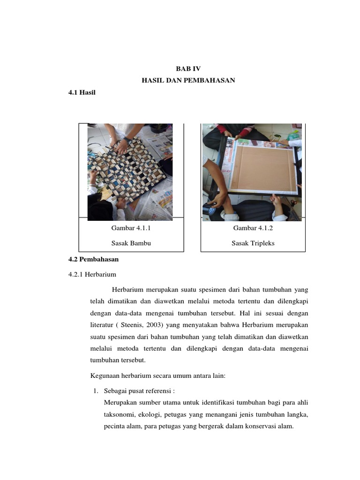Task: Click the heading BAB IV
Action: (x=188, y=68)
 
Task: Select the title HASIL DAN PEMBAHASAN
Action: (x=188, y=81)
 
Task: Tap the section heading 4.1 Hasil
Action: (x=82, y=93)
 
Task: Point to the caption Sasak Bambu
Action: (x=131, y=243)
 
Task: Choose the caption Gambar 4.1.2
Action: (x=253, y=228)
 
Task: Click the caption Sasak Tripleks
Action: (x=253, y=243)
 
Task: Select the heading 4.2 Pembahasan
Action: (x=93, y=259)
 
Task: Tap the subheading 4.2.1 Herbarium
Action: (x=92, y=275)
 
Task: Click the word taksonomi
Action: (x=119, y=415)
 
